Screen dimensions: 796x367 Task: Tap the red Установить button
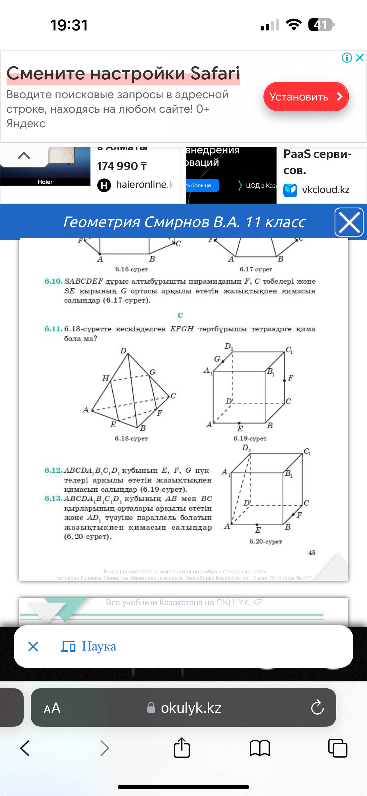click(306, 97)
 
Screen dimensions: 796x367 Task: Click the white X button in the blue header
click(349, 222)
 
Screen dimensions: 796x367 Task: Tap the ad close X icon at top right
click(360, 58)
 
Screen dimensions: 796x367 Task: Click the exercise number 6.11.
click(53, 329)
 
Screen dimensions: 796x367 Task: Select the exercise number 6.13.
click(53, 498)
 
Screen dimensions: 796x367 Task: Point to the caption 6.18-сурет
click(131, 438)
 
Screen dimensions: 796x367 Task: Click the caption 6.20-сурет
click(265, 541)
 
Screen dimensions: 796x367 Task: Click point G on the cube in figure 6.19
click(223, 361)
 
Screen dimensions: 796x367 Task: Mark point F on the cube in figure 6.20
click(293, 514)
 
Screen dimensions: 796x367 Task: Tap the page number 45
click(312, 553)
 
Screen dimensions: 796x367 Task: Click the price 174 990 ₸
click(122, 166)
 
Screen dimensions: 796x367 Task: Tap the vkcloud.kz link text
click(325, 189)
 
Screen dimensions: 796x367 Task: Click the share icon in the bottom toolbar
click(182, 748)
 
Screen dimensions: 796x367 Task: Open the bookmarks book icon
click(259, 748)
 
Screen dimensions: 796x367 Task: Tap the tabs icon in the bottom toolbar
click(338, 748)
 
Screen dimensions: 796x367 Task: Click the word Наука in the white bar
click(99, 647)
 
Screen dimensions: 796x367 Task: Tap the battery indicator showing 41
click(321, 25)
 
